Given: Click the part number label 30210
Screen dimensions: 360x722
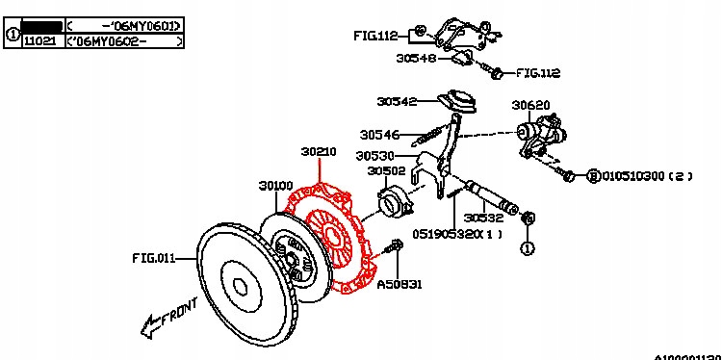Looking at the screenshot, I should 318,151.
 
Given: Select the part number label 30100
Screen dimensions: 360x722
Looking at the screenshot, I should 275,185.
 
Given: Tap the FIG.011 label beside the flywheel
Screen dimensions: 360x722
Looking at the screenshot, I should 154,258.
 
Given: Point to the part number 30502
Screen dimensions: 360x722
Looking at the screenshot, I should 386,170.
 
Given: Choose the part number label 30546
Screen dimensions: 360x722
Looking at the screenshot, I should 380,135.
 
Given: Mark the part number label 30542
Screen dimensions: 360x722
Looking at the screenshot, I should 397,101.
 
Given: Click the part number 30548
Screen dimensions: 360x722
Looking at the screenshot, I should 416,58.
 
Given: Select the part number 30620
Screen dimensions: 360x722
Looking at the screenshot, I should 530,105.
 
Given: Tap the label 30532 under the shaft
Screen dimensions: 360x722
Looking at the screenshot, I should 484,218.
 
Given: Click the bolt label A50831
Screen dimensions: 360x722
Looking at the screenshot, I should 399,285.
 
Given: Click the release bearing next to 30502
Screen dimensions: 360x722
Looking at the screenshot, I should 395,203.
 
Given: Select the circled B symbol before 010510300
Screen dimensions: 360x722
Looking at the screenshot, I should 594,176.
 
